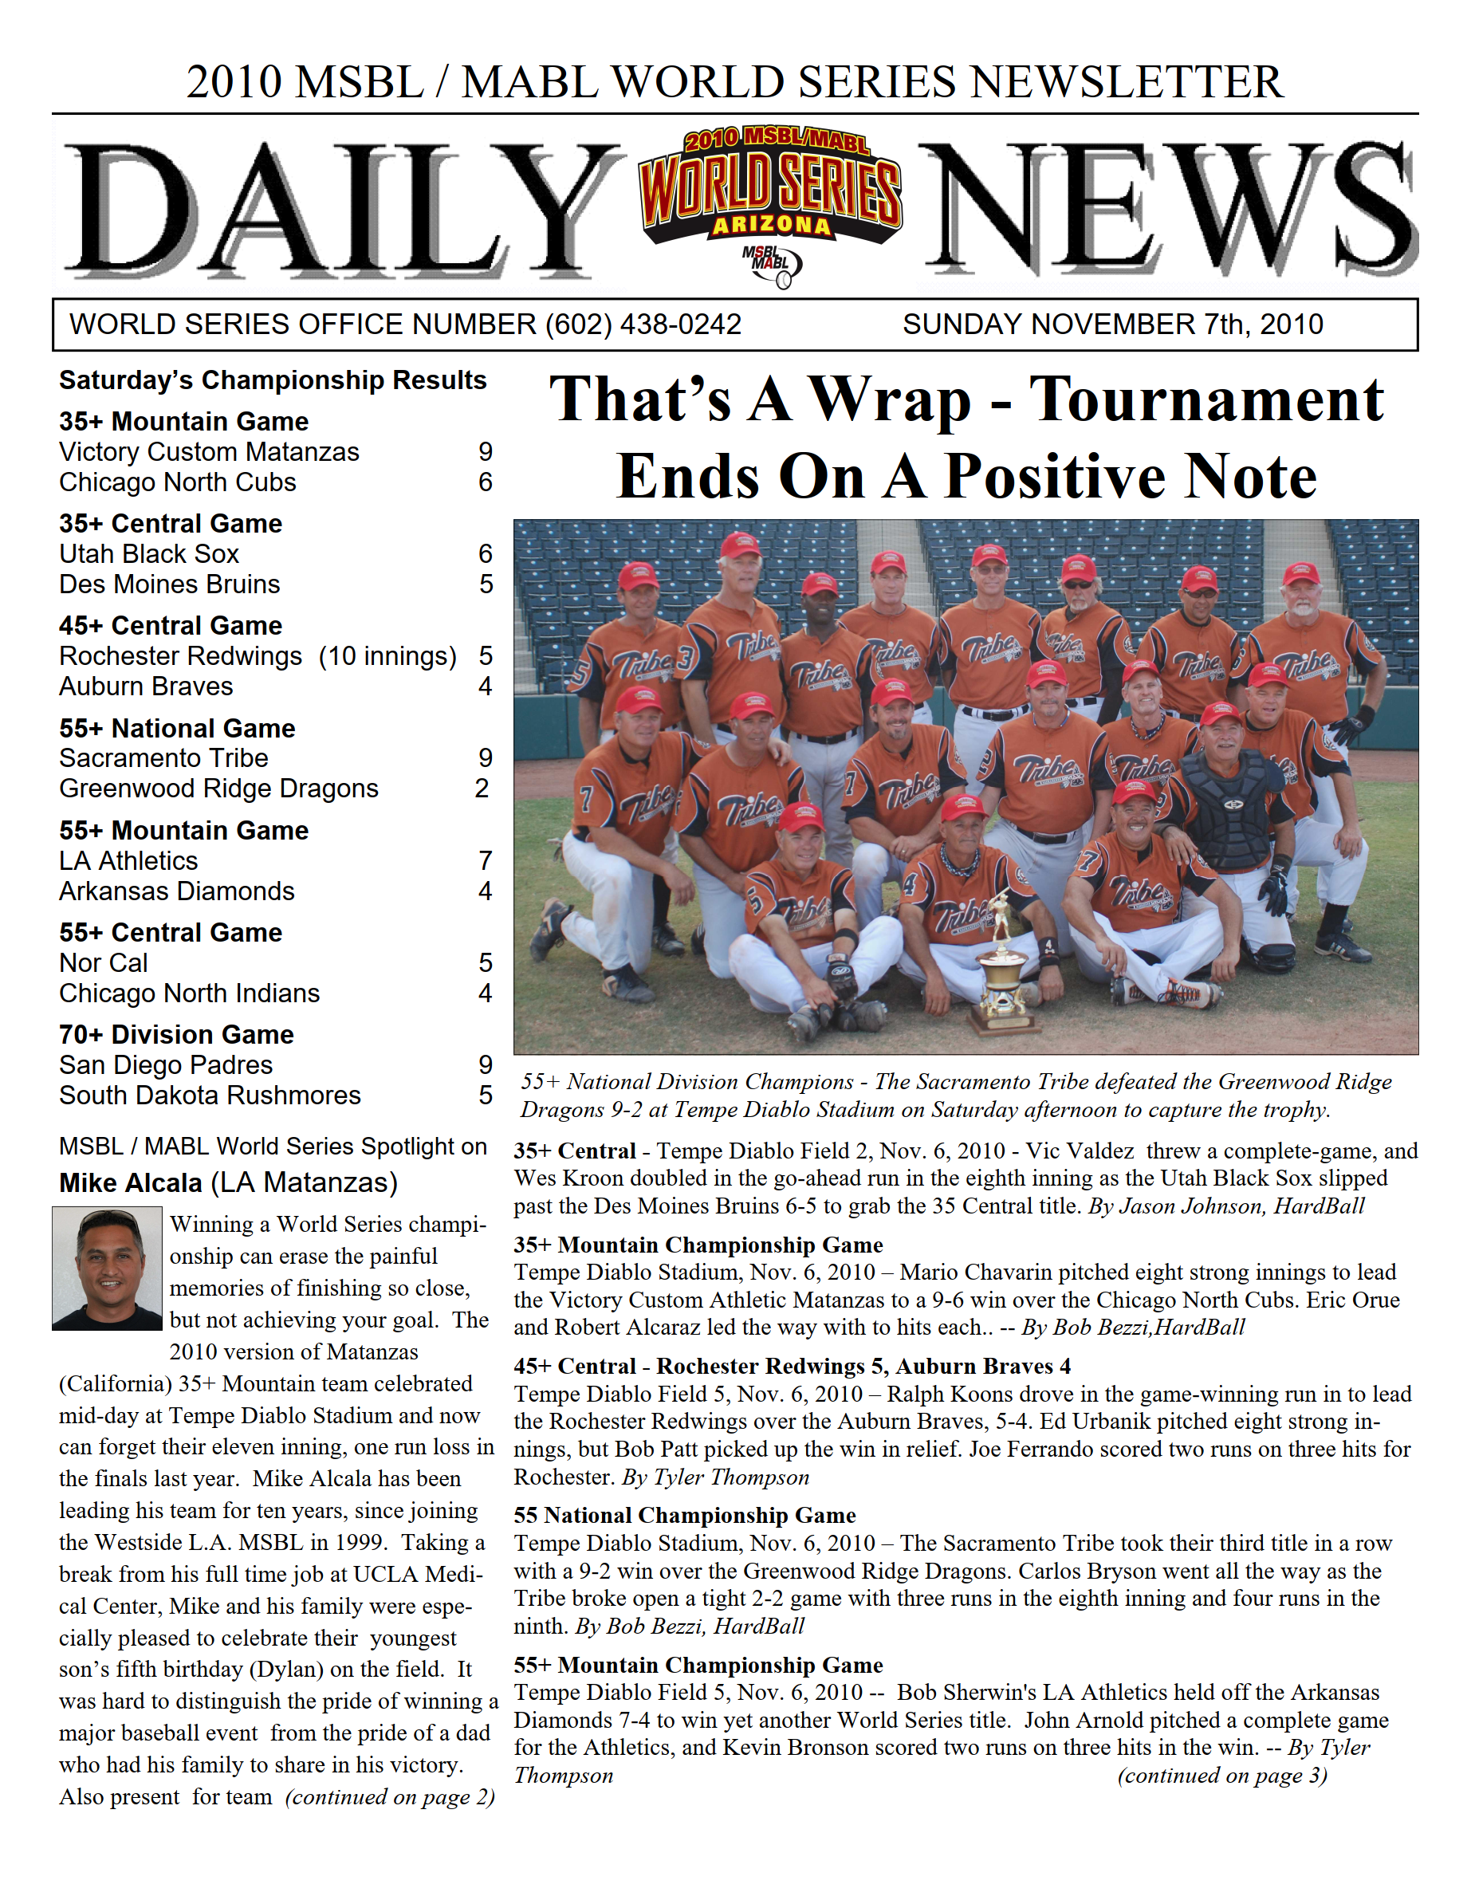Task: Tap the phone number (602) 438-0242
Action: point(643,325)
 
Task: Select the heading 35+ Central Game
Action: point(171,523)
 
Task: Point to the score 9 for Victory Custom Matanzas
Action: point(485,451)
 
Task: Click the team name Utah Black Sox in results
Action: point(149,553)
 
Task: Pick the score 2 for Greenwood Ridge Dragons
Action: point(482,788)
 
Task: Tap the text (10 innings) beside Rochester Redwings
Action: point(387,655)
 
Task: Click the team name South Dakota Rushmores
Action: point(209,1095)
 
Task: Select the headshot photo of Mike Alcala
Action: point(108,1268)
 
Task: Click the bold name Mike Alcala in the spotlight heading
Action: point(131,1183)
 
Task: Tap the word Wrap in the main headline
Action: point(890,399)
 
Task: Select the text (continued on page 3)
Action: point(1221,1776)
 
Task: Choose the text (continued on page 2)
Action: point(390,1797)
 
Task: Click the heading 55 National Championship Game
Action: point(685,1515)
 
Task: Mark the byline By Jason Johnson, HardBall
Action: point(1226,1206)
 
